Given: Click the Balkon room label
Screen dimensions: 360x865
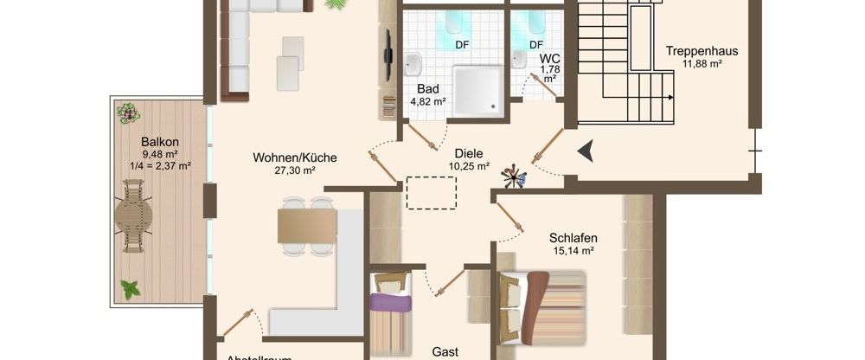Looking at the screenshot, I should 160,142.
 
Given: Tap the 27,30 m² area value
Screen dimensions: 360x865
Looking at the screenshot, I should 295,170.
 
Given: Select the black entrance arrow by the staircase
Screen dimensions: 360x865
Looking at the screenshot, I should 587,151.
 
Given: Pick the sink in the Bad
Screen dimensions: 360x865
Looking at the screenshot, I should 413,64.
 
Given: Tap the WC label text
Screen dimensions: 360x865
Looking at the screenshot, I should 550,58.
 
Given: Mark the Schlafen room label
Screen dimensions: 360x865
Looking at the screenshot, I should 573,238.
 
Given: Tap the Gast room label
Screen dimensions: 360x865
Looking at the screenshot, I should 445,352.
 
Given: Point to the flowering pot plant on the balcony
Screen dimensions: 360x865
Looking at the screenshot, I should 130,112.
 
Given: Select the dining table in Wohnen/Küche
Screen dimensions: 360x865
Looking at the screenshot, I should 306,227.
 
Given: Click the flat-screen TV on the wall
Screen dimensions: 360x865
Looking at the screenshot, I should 386,55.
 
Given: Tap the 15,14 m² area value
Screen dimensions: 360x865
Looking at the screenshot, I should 573,251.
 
